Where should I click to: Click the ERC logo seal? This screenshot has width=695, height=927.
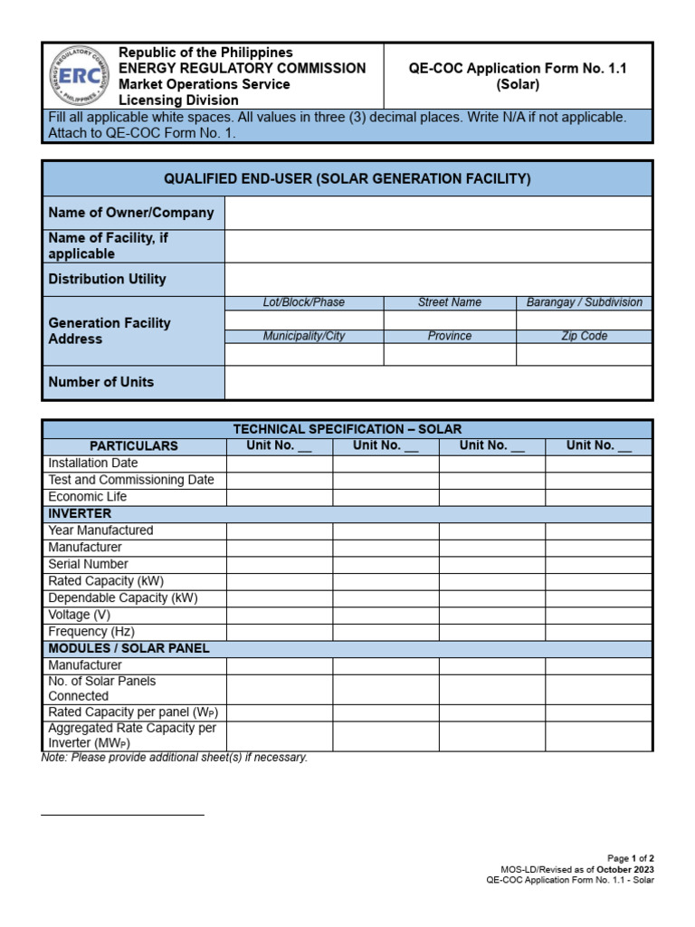77,76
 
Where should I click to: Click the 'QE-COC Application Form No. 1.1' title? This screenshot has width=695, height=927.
518,69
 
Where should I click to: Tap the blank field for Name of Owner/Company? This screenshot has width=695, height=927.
438,213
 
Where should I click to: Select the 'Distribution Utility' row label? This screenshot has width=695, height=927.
107,280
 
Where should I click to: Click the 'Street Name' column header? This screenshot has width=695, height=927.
449,302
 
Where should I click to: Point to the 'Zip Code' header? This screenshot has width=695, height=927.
584,336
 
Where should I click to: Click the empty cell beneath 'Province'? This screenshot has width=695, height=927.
450,354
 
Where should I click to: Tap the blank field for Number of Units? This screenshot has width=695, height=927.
438,382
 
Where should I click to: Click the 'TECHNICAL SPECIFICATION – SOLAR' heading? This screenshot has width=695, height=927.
347,429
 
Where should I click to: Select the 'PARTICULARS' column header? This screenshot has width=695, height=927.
134,446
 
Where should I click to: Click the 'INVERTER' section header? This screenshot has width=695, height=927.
80,513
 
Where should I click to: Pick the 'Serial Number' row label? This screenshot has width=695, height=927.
89,564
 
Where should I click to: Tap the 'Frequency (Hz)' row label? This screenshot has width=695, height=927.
91,632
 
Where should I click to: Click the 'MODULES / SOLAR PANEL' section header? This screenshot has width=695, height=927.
129,649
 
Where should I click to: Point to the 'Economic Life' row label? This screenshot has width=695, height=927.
88,497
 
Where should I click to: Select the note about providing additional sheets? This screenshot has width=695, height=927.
175,758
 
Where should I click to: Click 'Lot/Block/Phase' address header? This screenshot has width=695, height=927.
303,302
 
